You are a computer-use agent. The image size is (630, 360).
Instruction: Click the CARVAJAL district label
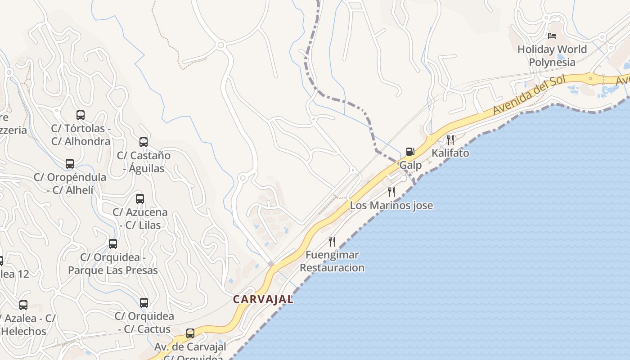[x=263, y=299]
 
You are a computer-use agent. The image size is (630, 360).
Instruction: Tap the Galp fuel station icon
[x=410, y=152]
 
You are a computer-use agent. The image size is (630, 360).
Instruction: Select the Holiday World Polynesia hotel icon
[x=552, y=36]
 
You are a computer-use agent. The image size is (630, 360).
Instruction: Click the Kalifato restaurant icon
[x=450, y=139]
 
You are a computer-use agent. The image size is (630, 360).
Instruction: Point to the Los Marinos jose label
[x=391, y=206]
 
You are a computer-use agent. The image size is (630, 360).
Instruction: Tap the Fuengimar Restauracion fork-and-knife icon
[x=332, y=242]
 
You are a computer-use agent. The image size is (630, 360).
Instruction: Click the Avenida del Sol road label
[x=529, y=95]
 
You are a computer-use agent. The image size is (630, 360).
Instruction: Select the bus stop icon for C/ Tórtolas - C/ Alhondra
[x=81, y=115]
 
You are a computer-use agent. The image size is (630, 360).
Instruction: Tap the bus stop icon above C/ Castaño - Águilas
[x=144, y=142]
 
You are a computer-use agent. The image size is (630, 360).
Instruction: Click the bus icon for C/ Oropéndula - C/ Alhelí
[x=70, y=164]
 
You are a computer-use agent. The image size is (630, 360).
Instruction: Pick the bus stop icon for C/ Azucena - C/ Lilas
[x=140, y=199]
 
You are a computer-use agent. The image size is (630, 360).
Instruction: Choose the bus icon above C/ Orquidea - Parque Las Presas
[x=113, y=244]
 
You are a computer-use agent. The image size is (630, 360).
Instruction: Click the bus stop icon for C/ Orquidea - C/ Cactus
[x=144, y=303]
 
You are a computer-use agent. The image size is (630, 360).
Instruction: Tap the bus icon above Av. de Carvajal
[x=190, y=333]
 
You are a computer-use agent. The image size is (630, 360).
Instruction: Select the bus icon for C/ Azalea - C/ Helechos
[x=23, y=305]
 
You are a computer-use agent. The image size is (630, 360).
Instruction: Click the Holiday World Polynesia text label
[x=552, y=56]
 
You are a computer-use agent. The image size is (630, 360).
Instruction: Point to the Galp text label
[x=411, y=165]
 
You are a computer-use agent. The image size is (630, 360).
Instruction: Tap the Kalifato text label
[x=450, y=153]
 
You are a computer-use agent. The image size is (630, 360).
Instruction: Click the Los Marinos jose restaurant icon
[x=391, y=192]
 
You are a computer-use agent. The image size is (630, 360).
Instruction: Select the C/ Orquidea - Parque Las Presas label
[x=113, y=264]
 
